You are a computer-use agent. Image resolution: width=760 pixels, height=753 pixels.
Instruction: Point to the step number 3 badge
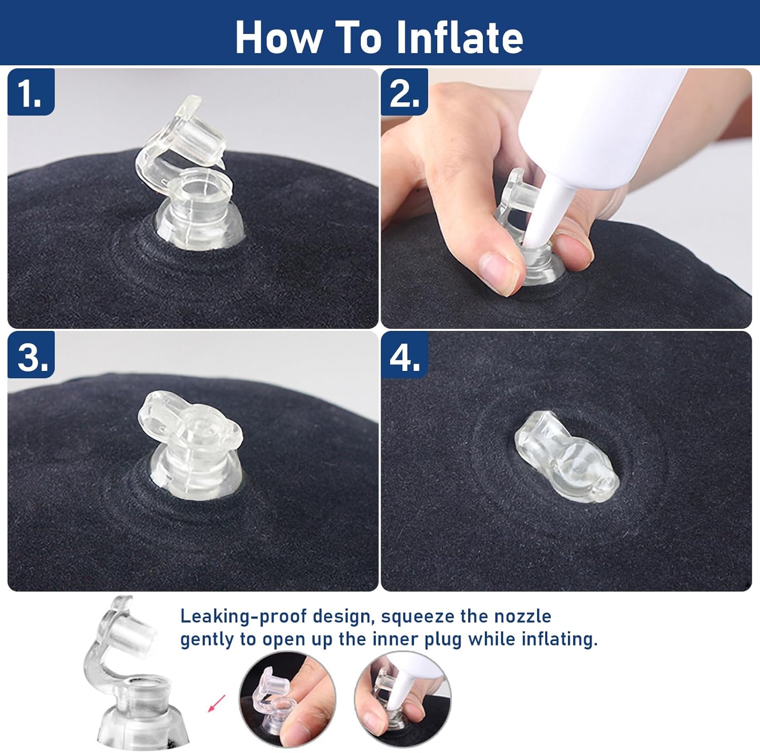tap(31, 355)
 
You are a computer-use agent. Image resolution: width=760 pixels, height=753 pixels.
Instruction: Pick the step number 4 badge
tap(404, 355)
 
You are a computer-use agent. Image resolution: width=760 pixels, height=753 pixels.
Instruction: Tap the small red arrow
tap(217, 703)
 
